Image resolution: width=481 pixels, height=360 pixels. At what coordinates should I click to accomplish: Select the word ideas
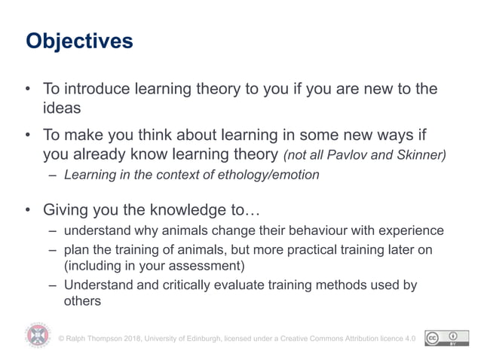(x=61, y=108)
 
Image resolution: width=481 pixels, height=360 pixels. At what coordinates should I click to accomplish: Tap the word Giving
(x=66, y=209)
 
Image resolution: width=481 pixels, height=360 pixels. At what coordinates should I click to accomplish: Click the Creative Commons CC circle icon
(x=434, y=337)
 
